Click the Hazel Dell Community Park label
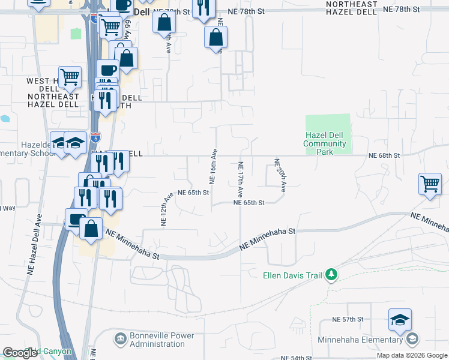324,143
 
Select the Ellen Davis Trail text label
293,276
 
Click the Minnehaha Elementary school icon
412,340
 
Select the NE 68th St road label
384,155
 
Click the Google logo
20,352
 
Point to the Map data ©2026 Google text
412,356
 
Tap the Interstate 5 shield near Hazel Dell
95,137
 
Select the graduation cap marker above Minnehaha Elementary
400,319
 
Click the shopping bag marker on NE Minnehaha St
91,229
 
